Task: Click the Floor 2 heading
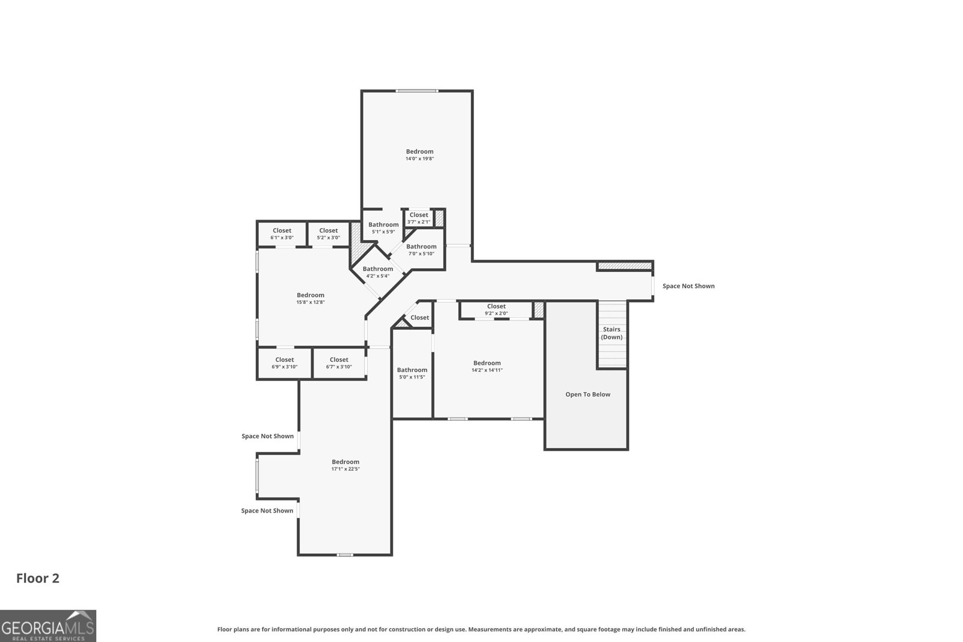[38, 578]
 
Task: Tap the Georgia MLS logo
[48, 626]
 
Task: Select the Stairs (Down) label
[612, 333]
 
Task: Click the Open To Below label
[587, 395]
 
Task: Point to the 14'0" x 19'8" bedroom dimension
[420, 159]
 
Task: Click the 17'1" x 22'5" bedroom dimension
[345, 469]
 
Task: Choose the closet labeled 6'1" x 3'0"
[282, 234]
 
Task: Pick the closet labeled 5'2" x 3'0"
[329, 234]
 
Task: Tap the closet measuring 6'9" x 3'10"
[285, 363]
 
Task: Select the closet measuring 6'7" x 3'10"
[339, 363]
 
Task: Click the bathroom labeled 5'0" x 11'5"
[412, 373]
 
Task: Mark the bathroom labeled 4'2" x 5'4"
[378, 272]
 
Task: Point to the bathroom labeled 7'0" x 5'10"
[421, 250]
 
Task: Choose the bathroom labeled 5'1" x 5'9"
[383, 228]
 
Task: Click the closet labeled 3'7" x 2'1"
[419, 218]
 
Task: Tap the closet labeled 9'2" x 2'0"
[497, 309]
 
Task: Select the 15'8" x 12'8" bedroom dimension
[311, 302]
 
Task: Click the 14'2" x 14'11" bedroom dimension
[487, 370]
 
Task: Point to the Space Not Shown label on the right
[689, 286]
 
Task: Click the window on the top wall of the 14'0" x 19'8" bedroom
[417, 91]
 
